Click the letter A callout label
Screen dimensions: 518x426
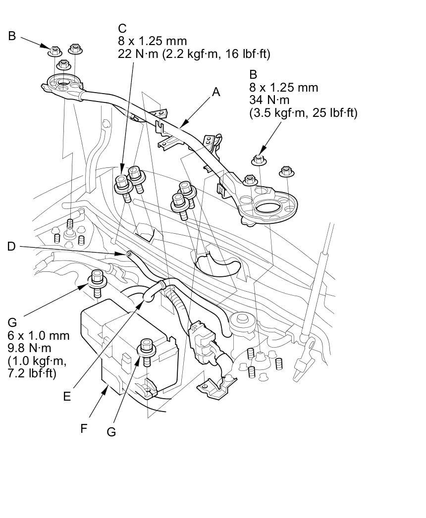tap(215, 92)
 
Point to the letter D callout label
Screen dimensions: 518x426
tap(12, 246)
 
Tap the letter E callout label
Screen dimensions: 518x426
tap(67, 396)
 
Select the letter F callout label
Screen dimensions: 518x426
tap(84, 428)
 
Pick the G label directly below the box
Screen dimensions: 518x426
tap(111, 432)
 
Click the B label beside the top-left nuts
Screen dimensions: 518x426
tap(12, 36)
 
